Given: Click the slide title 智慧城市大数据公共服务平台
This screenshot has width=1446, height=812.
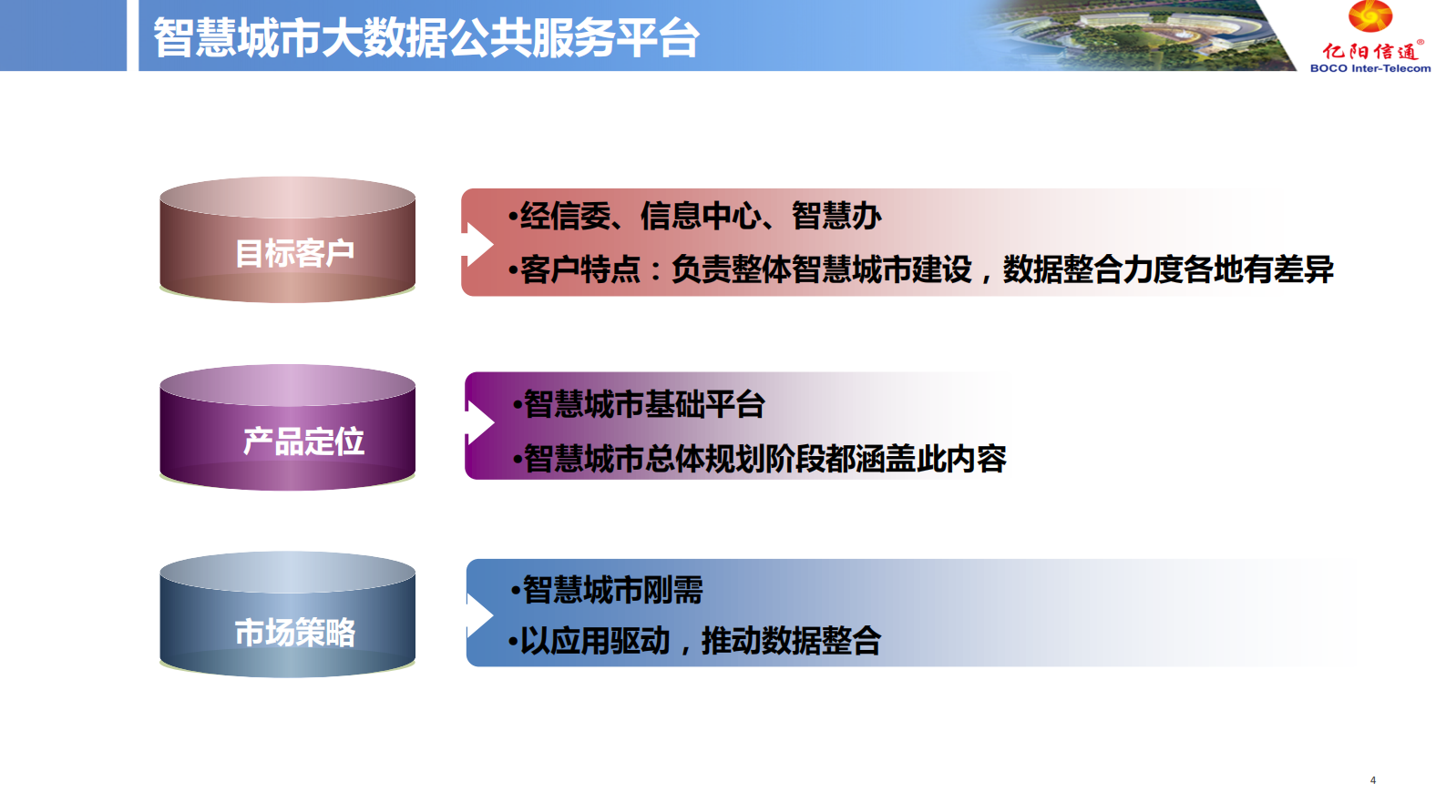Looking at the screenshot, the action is (426, 38).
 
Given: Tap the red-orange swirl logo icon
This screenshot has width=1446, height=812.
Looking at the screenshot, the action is (1369, 15).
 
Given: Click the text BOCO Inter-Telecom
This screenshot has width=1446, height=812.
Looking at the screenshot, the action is (1369, 68).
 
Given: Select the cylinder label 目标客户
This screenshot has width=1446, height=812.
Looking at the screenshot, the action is (294, 253).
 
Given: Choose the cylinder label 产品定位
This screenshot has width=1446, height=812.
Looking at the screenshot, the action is (303, 442).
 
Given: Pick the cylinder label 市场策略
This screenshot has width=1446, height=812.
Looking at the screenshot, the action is (295, 632).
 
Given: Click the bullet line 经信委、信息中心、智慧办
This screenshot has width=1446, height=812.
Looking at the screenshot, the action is (694, 216).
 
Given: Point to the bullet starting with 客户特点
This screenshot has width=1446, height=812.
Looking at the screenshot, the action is (920, 269).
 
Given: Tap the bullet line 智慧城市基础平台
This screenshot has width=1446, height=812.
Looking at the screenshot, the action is (639, 404).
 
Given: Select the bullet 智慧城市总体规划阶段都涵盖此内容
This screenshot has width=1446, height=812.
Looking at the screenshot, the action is (759, 459).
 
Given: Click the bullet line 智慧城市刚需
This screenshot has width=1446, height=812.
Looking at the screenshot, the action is (607, 590).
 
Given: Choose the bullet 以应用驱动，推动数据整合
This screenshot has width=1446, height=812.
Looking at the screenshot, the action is (694, 642).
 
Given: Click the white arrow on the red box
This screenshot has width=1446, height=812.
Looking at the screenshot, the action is (478, 245).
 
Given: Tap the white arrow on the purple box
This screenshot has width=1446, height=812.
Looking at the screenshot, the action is (479, 423).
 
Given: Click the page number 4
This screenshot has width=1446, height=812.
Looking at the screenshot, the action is (1373, 780).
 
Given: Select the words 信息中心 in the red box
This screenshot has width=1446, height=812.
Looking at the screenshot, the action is (701, 216).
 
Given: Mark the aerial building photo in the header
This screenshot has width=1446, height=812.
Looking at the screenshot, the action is (1136, 35).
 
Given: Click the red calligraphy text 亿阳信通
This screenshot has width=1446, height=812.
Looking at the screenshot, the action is (1369, 50).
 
